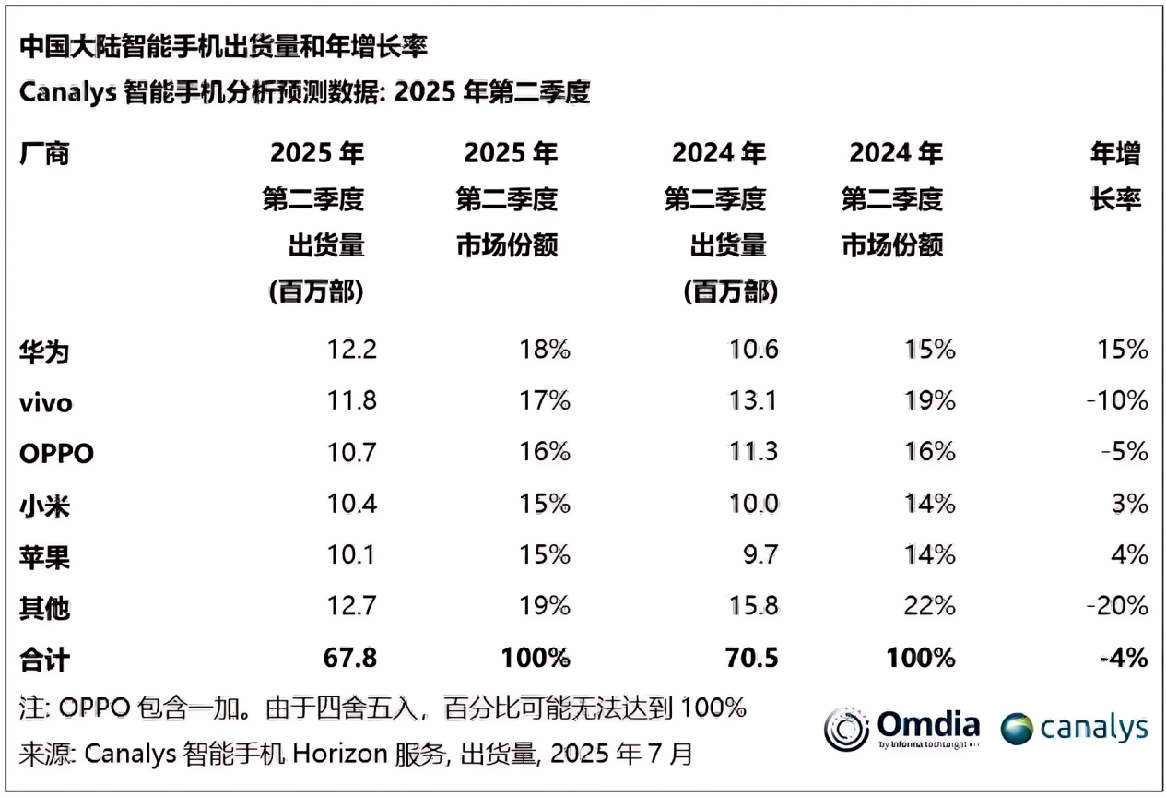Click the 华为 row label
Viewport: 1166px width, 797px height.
[x=44, y=351]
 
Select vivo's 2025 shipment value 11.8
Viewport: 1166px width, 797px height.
[x=351, y=401]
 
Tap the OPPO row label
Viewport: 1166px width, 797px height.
[x=56, y=453]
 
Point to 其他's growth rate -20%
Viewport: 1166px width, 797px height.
[x=1116, y=606]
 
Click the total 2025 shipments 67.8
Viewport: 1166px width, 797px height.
[x=349, y=658]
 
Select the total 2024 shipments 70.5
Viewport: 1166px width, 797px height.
[x=752, y=658]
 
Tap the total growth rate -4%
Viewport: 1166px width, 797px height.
[x=1123, y=658]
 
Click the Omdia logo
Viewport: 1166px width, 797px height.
[x=901, y=729]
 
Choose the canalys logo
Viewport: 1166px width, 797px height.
[x=1074, y=728]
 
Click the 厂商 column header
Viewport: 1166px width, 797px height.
[x=44, y=153]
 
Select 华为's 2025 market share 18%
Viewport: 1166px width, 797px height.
[x=545, y=351]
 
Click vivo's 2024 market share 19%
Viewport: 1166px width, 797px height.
[x=930, y=401]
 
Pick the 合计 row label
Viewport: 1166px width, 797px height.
[x=44, y=659]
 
